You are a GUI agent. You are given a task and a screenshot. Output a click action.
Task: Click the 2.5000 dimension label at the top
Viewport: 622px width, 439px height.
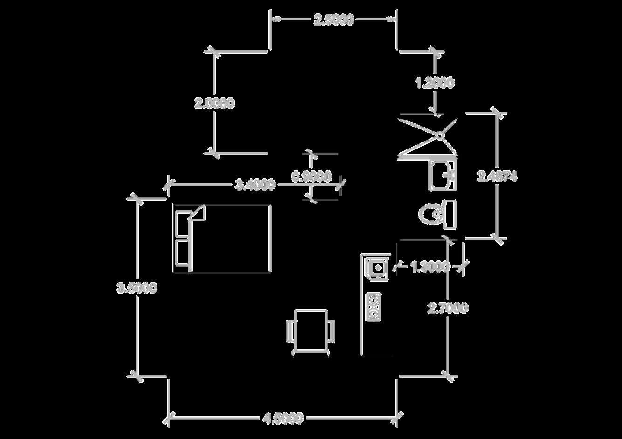(x=334, y=20)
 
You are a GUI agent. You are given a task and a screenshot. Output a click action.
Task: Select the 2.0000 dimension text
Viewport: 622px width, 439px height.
(x=214, y=103)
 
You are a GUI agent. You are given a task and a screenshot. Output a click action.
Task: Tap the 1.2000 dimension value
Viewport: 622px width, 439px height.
(x=435, y=83)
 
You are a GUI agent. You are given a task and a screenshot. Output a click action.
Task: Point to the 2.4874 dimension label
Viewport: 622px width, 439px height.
(x=497, y=176)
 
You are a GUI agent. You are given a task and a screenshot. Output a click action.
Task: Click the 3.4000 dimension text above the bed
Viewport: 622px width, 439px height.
(x=255, y=185)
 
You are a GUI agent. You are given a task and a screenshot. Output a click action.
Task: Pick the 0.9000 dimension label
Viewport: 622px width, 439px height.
(x=312, y=176)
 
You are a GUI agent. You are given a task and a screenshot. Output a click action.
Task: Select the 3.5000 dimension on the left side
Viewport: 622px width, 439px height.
(x=137, y=288)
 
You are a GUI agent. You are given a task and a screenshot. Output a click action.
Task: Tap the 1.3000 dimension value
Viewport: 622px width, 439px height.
(x=430, y=267)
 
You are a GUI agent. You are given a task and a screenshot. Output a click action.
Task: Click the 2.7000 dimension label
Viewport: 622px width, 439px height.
(x=448, y=308)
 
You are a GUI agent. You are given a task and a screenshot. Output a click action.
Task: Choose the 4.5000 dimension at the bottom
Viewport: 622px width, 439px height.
(x=283, y=418)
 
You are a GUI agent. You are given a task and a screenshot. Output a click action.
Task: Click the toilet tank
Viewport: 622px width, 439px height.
(x=450, y=214)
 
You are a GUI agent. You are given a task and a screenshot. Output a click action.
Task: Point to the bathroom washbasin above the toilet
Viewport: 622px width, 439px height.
(x=442, y=175)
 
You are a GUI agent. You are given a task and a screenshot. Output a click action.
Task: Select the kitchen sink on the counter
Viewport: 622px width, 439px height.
(x=376, y=268)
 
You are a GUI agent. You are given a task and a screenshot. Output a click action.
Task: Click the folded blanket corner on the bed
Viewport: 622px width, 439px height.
(x=198, y=213)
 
